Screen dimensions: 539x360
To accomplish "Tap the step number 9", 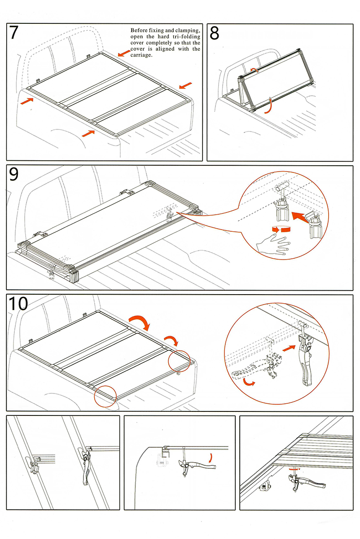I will (x=14, y=174).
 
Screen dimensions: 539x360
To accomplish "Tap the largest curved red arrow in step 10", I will (x=141, y=321).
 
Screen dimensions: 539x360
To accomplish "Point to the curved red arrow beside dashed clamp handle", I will (x=249, y=382).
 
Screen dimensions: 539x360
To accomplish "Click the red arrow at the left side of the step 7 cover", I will (x=26, y=102).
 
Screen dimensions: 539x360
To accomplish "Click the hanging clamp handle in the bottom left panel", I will (x=87, y=469).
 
